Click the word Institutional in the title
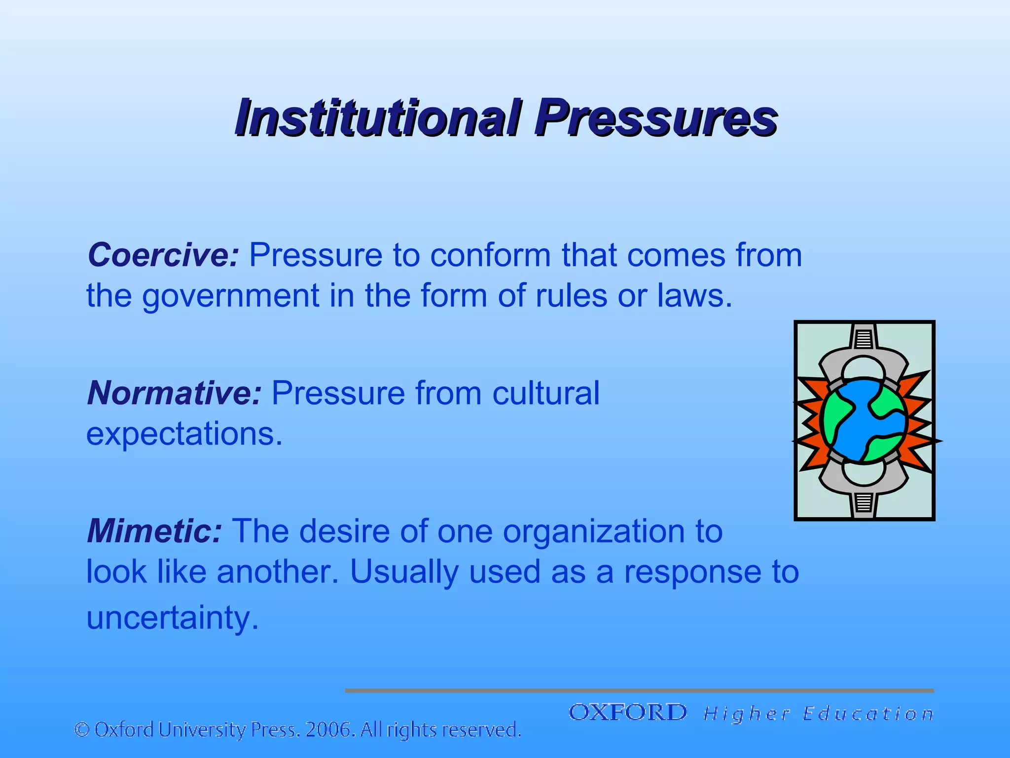(378, 118)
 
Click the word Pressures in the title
(656, 118)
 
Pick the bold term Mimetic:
(154, 531)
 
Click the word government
(231, 296)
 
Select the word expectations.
(184, 434)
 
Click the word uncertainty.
(172, 618)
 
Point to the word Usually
(403, 572)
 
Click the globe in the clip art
(864, 421)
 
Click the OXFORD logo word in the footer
(627, 713)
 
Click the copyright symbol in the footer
(82, 730)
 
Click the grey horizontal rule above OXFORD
(639, 690)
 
